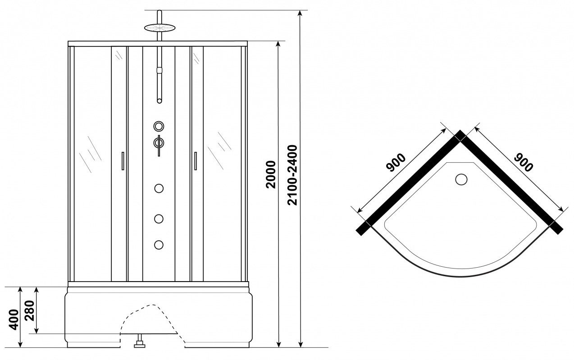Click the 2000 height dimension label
[x=271, y=174]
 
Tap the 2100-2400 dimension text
[x=292, y=175]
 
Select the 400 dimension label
[x=14, y=319]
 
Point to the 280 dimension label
[x=29, y=310]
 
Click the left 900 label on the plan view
[x=396, y=163]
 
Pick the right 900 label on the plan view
[x=524, y=162]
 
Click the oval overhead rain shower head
[x=159, y=27]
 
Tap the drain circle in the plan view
[x=461, y=179]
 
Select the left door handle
[x=123, y=161]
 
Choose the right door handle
[x=196, y=161]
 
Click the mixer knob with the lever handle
[x=159, y=143]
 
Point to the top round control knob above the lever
[x=159, y=126]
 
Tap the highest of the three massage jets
[x=159, y=188]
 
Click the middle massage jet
[x=159, y=219]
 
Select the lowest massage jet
[x=159, y=245]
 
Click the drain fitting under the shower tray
[x=140, y=341]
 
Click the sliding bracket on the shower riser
[x=159, y=70]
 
